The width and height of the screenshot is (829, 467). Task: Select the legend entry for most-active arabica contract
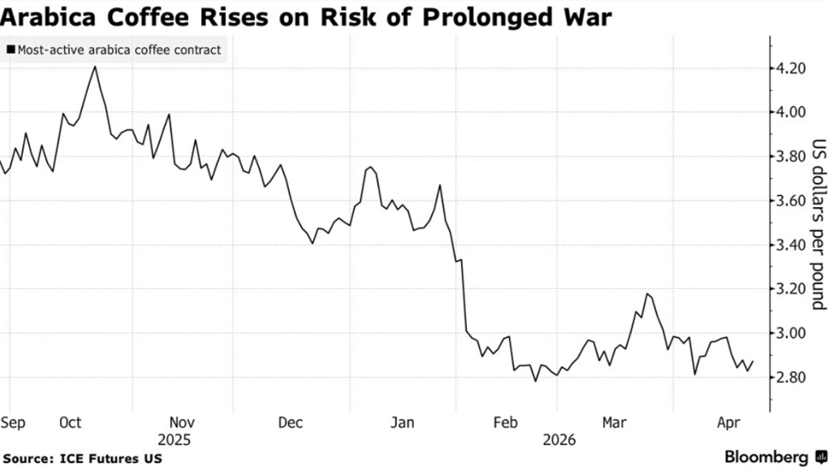point(114,50)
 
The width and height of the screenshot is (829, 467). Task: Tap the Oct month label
point(71,422)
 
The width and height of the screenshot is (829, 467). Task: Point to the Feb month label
point(506,422)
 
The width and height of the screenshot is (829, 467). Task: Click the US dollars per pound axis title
point(818,223)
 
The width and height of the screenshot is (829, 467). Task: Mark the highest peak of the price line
point(96,67)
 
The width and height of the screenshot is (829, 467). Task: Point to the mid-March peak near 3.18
point(646,293)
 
